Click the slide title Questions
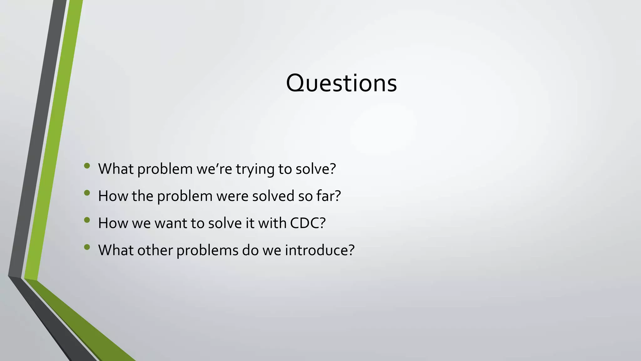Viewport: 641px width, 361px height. tap(341, 83)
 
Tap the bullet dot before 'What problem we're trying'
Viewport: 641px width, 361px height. tap(87, 166)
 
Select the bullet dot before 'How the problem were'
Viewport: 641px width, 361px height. tap(87, 193)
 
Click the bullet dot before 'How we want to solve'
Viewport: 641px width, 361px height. tap(87, 220)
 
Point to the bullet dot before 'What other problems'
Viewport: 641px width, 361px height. tap(87, 247)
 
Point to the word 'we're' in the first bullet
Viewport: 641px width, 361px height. tap(214, 169)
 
